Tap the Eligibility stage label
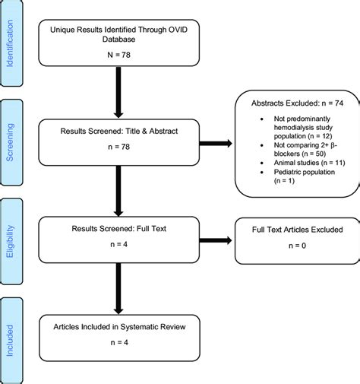(10, 242)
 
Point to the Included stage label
(10, 342)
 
